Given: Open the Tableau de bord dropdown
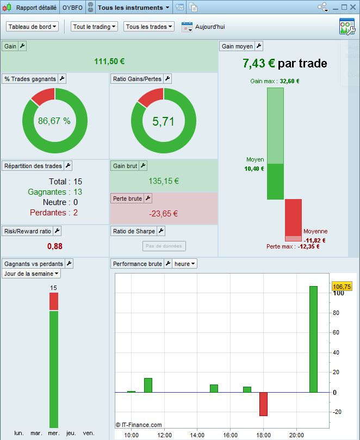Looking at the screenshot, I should pos(33,27).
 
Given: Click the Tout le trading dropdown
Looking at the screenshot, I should pos(95,27).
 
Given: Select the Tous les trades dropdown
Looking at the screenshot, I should pos(149,27).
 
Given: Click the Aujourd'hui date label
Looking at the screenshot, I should pos(210,27).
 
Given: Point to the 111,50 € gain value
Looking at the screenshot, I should pos(109,61).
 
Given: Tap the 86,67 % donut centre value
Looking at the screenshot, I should pos(54,121).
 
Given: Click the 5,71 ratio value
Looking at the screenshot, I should pos(163,121).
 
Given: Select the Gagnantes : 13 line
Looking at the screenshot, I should pos(55,191).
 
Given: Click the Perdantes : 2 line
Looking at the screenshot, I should pos(54,212).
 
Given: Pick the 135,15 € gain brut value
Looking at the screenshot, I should pos(164,181).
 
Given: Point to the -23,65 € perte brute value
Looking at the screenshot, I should pos(164,213).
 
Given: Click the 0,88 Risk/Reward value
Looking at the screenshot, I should pos(55,246).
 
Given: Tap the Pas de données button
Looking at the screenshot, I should pos(164,246).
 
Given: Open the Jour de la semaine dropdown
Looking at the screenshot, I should pos(32,274).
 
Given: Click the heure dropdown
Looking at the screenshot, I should pos(185,264).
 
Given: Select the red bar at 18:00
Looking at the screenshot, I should pos(263,404).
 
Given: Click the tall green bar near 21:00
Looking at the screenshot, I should pos(313,339).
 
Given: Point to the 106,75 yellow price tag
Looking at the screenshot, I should pos(342,287).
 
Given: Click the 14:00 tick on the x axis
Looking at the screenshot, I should pos(197,435).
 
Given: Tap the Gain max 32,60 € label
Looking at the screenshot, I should pos(275,81).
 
